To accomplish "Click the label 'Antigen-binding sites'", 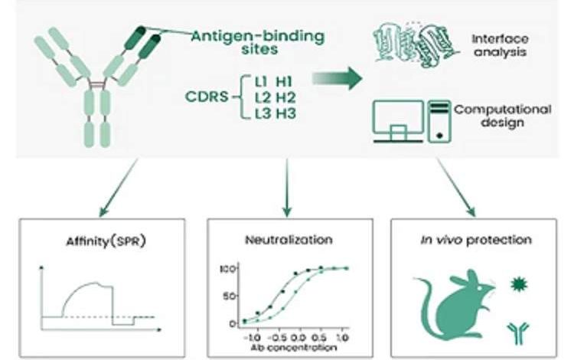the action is coord(258,43).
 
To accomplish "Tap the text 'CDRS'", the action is coord(207,97).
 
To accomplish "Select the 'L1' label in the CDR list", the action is coord(262,82).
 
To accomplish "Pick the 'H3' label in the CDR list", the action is coord(286,113).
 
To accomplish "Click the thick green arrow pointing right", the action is coord(338,78).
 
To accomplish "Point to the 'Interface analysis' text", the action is coord(500,45).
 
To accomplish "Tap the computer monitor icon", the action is coord(398,121).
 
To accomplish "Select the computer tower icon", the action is coord(439,121).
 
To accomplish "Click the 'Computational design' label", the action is coord(503,116).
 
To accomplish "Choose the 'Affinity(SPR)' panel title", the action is coord(106,241).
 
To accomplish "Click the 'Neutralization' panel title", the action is coord(289,240).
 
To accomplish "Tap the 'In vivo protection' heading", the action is coord(476,240).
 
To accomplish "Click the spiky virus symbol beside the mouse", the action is coord(519,284).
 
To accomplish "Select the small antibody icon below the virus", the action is coord(518,332).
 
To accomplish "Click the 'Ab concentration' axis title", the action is coord(294,348).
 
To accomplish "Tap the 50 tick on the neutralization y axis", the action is coord(229,296).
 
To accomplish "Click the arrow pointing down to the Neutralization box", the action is coord(287,188).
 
